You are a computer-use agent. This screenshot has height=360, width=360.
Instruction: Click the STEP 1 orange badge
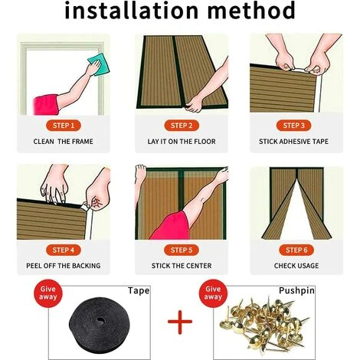[64, 125]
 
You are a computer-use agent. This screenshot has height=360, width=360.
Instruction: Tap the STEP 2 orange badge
[181, 125]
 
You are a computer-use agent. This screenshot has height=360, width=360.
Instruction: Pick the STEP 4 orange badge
[64, 250]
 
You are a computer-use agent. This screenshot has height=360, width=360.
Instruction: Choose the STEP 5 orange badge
[181, 250]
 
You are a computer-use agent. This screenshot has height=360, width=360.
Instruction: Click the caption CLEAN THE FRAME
[64, 142]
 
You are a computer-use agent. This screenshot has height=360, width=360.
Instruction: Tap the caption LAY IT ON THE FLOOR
[181, 142]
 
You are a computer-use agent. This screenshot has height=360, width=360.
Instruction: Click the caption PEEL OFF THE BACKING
[64, 267]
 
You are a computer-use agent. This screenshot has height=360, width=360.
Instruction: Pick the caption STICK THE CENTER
[181, 267]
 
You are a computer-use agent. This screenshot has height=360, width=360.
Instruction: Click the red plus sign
[180, 321]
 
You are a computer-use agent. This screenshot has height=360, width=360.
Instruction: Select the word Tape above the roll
[139, 291]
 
